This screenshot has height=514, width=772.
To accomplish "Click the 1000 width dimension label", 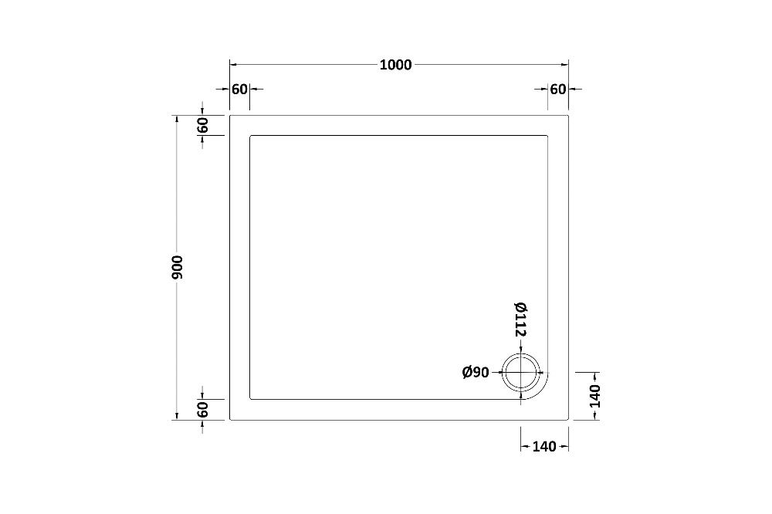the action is pyautogui.click(x=395, y=65).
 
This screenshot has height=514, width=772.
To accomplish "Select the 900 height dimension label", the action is pyautogui.click(x=178, y=267).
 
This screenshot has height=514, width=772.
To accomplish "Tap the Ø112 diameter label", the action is pyautogui.click(x=521, y=320).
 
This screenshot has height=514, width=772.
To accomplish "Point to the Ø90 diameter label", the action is pyautogui.click(x=476, y=373).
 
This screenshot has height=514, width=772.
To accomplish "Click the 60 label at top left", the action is pyautogui.click(x=239, y=90).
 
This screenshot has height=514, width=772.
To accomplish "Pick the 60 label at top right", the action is pyautogui.click(x=558, y=90).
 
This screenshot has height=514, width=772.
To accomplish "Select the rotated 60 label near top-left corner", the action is pyautogui.click(x=202, y=126).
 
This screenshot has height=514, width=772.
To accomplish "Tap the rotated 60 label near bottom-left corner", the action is pyautogui.click(x=202, y=410).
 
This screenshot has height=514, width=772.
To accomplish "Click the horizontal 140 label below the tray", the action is pyautogui.click(x=544, y=447).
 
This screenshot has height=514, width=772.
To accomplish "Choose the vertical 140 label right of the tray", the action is pyautogui.click(x=594, y=397).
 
